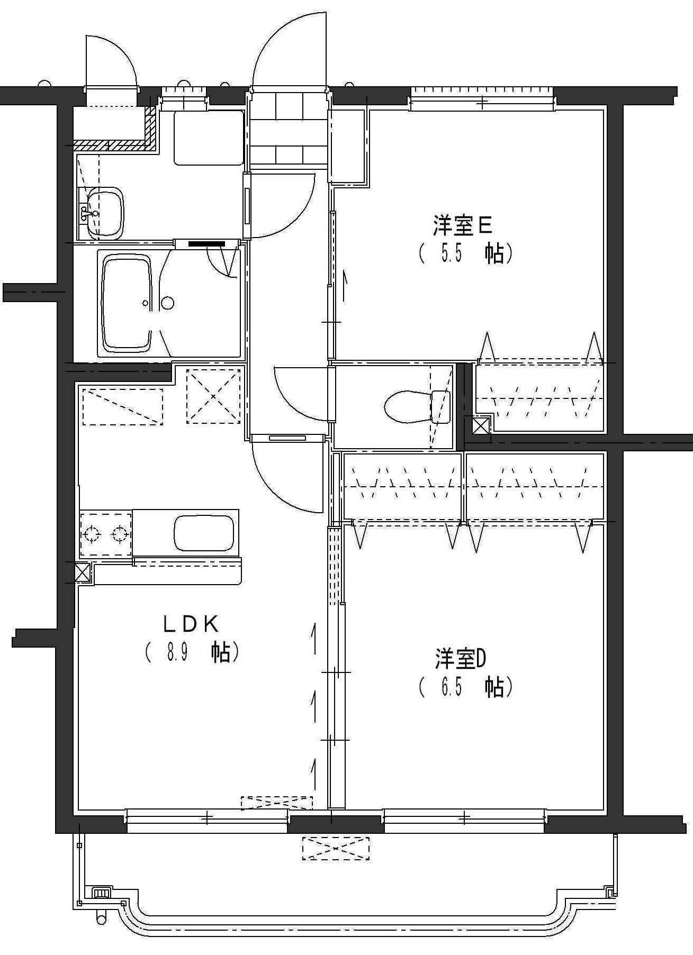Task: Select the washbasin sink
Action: pos(105,213)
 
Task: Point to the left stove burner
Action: pos(91,534)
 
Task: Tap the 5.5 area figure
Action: pos(452,254)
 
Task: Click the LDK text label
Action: pos(191,625)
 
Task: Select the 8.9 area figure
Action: pos(178,653)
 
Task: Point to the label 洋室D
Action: pos(461,659)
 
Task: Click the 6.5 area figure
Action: pos(452,687)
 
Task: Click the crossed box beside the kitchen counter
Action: pos(83,572)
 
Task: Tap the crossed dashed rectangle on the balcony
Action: pos(336,848)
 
